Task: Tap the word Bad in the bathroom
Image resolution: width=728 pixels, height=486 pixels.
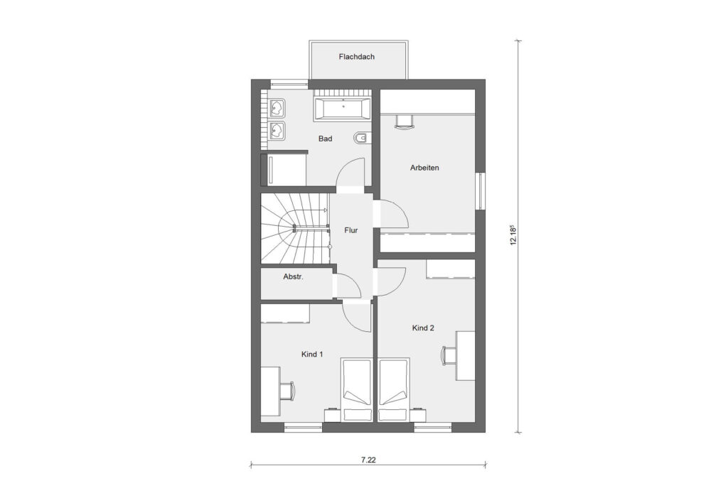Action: click(x=325, y=139)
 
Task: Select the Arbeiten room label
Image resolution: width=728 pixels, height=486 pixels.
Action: click(x=424, y=168)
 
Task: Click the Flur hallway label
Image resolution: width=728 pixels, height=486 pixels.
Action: click(x=350, y=230)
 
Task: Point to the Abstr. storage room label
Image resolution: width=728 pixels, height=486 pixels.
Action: click(x=293, y=277)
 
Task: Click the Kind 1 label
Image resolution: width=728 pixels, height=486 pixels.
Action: click(x=313, y=354)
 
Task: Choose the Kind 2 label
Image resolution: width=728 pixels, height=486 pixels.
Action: click(x=423, y=328)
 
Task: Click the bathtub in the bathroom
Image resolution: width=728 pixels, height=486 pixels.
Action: click(x=343, y=109)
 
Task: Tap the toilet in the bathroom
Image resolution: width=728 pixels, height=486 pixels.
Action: click(x=361, y=138)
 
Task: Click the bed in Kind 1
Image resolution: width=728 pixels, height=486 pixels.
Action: click(x=356, y=389)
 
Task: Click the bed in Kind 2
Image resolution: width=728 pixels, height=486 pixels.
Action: click(x=394, y=389)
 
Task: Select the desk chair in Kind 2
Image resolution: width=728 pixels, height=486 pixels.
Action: click(x=449, y=353)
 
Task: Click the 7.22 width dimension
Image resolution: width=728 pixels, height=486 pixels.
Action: click(x=368, y=460)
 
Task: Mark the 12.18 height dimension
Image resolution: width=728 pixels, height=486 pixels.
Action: click(x=512, y=235)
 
